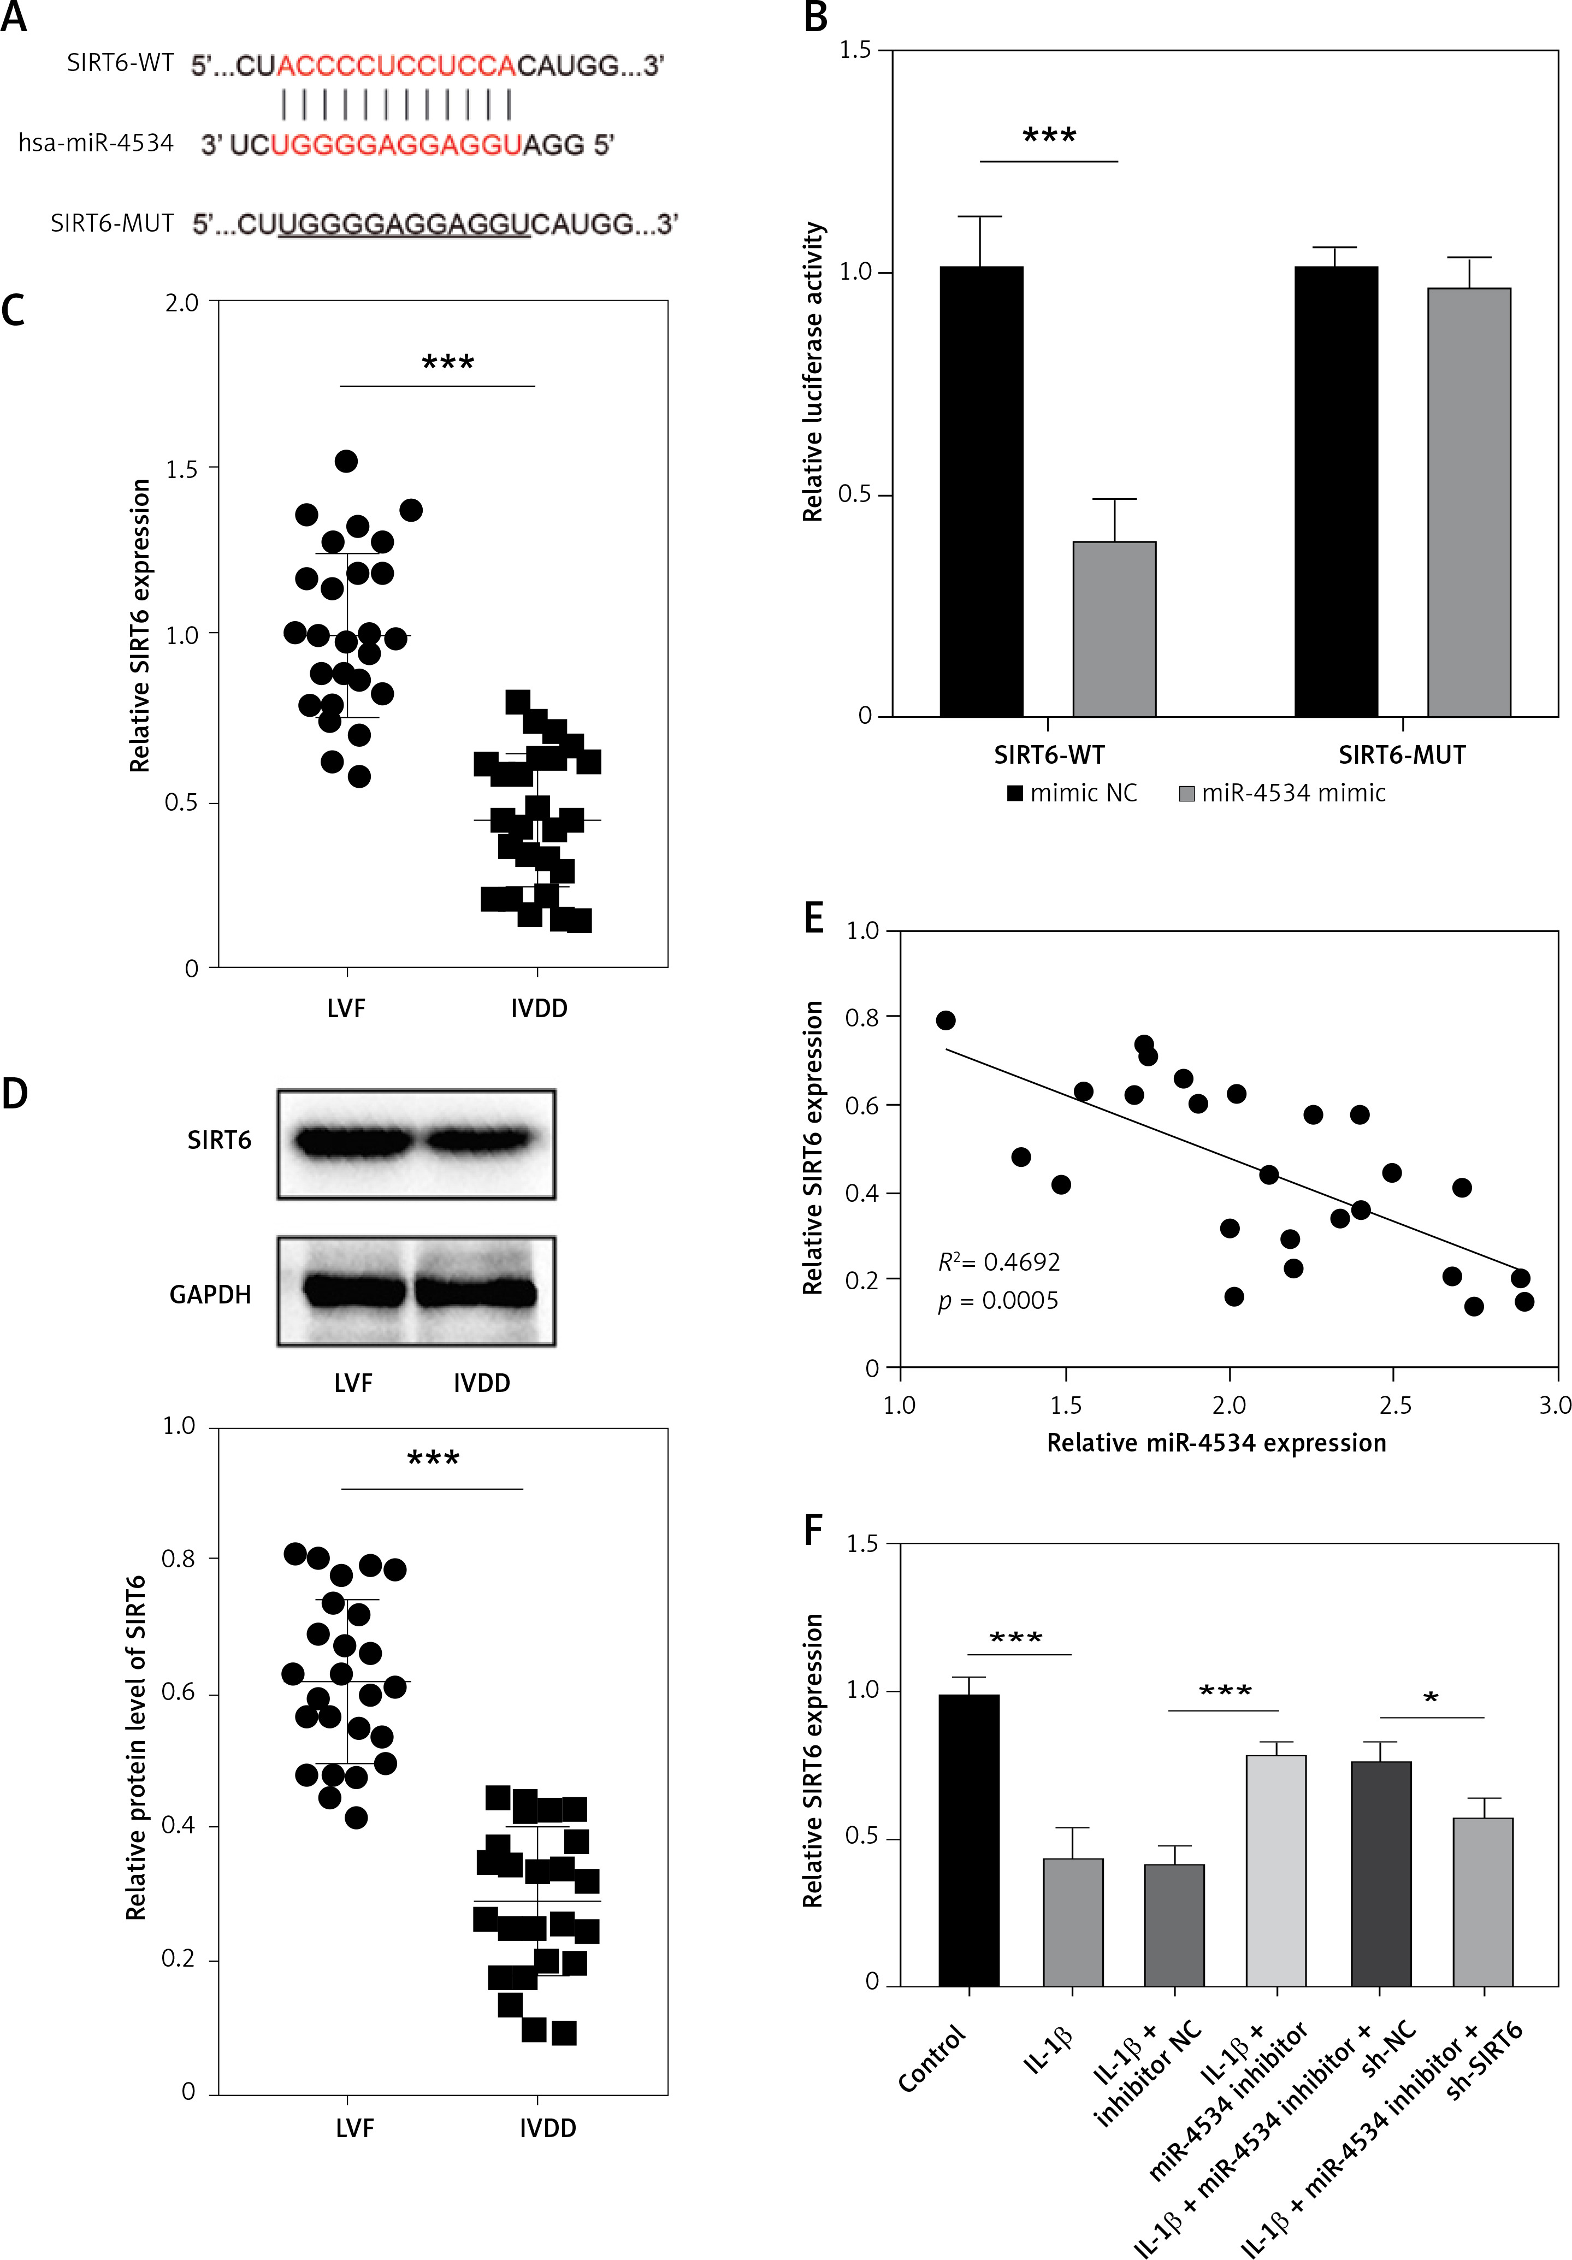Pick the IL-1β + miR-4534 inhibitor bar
[1276, 1870]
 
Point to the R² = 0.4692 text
[998, 1262]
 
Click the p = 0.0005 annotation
[997, 1301]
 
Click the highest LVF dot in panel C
[346, 461]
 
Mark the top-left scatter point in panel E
[945, 1020]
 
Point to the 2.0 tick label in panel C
[181, 303]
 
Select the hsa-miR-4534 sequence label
[96, 144]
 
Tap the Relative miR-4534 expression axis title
[1216, 1443]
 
